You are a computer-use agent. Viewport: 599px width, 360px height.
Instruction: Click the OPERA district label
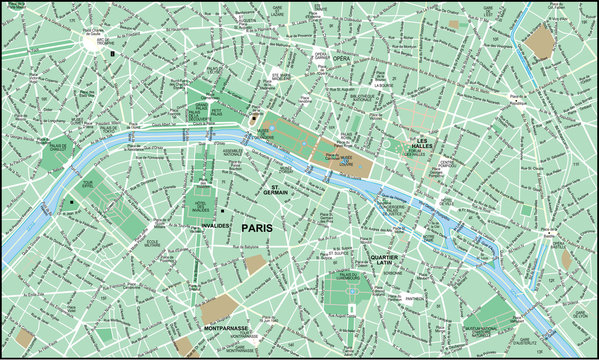pyautogui.click(x=341, y=59)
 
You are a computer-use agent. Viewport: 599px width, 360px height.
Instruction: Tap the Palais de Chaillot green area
pyautogui.click(x=57, y=155)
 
